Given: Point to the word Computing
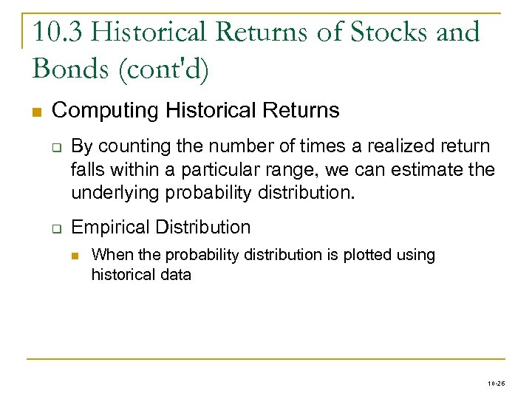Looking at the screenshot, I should click(106, 111).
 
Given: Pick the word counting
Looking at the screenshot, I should click(126, 146).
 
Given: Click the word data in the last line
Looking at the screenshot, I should click(177, 275).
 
